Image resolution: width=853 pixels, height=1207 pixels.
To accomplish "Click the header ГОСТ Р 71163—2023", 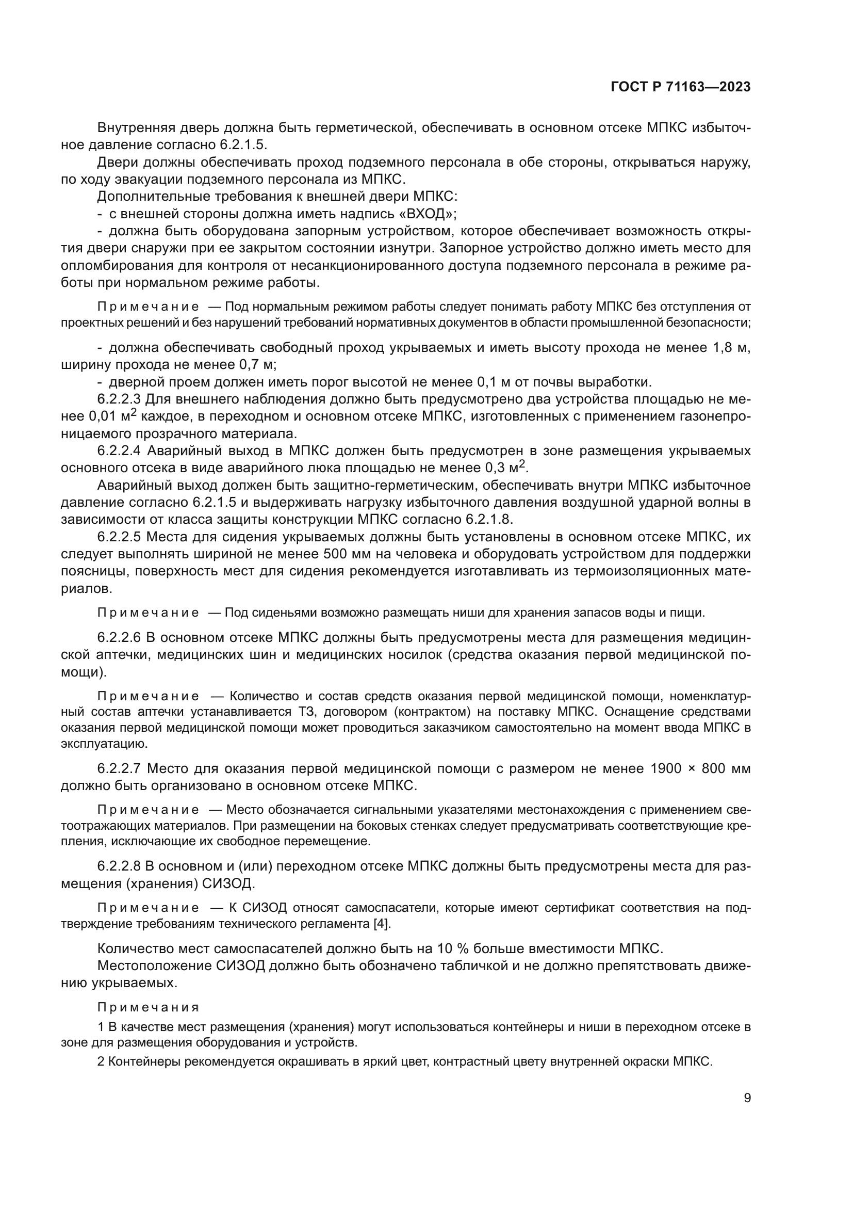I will [680, 87].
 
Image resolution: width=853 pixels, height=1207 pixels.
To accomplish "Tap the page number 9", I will [747, 1098].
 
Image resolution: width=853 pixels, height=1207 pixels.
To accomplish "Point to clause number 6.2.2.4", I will [120, 450].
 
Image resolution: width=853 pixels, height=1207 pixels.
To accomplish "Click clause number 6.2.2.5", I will [119, 537].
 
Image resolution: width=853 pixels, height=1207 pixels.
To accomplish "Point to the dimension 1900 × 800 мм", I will [700, 768].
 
